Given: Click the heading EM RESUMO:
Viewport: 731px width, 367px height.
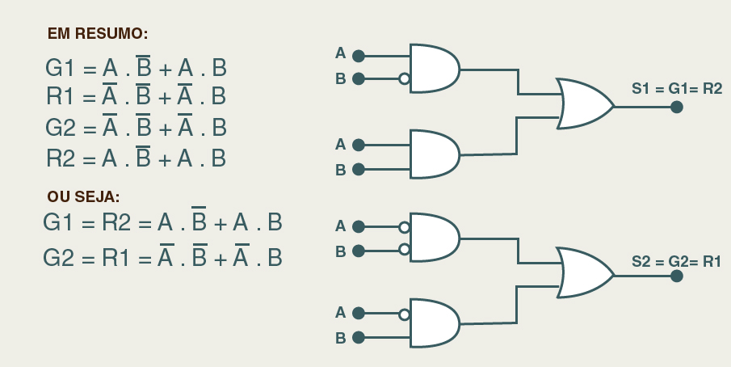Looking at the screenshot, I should coord(98,33).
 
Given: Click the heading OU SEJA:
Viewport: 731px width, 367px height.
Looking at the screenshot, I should coord(83,196).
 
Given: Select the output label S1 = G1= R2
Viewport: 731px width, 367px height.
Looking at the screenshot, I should coord(677,88).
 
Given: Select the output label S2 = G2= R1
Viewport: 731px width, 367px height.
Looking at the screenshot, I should coord(677,261).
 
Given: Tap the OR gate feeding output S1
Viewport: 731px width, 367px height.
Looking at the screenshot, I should coord(583,104).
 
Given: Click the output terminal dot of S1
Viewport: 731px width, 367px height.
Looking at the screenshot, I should coord(677,106).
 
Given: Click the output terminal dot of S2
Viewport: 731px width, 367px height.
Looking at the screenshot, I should coord(677,276).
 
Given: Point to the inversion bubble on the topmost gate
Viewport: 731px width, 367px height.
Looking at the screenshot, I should coord(404,79).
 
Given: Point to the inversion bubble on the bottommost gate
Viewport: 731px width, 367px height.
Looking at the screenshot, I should coord(404,313).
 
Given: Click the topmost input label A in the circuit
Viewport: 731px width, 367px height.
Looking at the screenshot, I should coord(340,54).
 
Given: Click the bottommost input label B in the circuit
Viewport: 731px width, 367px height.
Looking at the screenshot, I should coord(340,338).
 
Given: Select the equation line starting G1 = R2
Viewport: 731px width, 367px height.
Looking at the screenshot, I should coord(162,222).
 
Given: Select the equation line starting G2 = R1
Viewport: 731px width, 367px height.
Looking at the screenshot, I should coord(162,257).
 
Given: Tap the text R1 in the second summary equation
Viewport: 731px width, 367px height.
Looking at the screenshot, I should coord(61,97).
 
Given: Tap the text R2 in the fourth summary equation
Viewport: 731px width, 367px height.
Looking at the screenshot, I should coord(62,158).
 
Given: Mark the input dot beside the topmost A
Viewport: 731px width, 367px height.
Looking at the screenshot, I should coord(359,56).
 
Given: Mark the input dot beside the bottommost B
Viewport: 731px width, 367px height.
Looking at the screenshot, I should coord(359,337).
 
